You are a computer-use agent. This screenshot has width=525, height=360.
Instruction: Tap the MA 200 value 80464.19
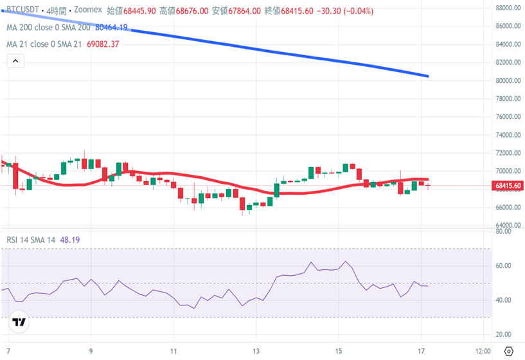(x=111, y=28)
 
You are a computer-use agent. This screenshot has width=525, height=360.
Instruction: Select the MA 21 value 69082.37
(x=102, y=44)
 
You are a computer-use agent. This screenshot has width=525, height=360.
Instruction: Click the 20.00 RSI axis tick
(x=503, y=335)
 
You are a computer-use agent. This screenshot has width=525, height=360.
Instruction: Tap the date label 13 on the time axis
(x=256, y=351)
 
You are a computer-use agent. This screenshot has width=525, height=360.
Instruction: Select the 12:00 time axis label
(x=483, y=351)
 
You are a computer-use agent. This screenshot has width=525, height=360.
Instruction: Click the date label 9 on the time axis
(x=91, y=351)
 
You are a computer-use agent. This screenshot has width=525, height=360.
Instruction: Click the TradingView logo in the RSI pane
(x=19, y=323)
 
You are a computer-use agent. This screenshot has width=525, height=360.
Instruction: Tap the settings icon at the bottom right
(x=508, y=351)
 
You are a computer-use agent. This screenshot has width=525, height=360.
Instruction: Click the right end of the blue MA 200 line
(x=427, y=76)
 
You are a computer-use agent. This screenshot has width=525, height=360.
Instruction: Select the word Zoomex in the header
(x=89, y=11)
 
